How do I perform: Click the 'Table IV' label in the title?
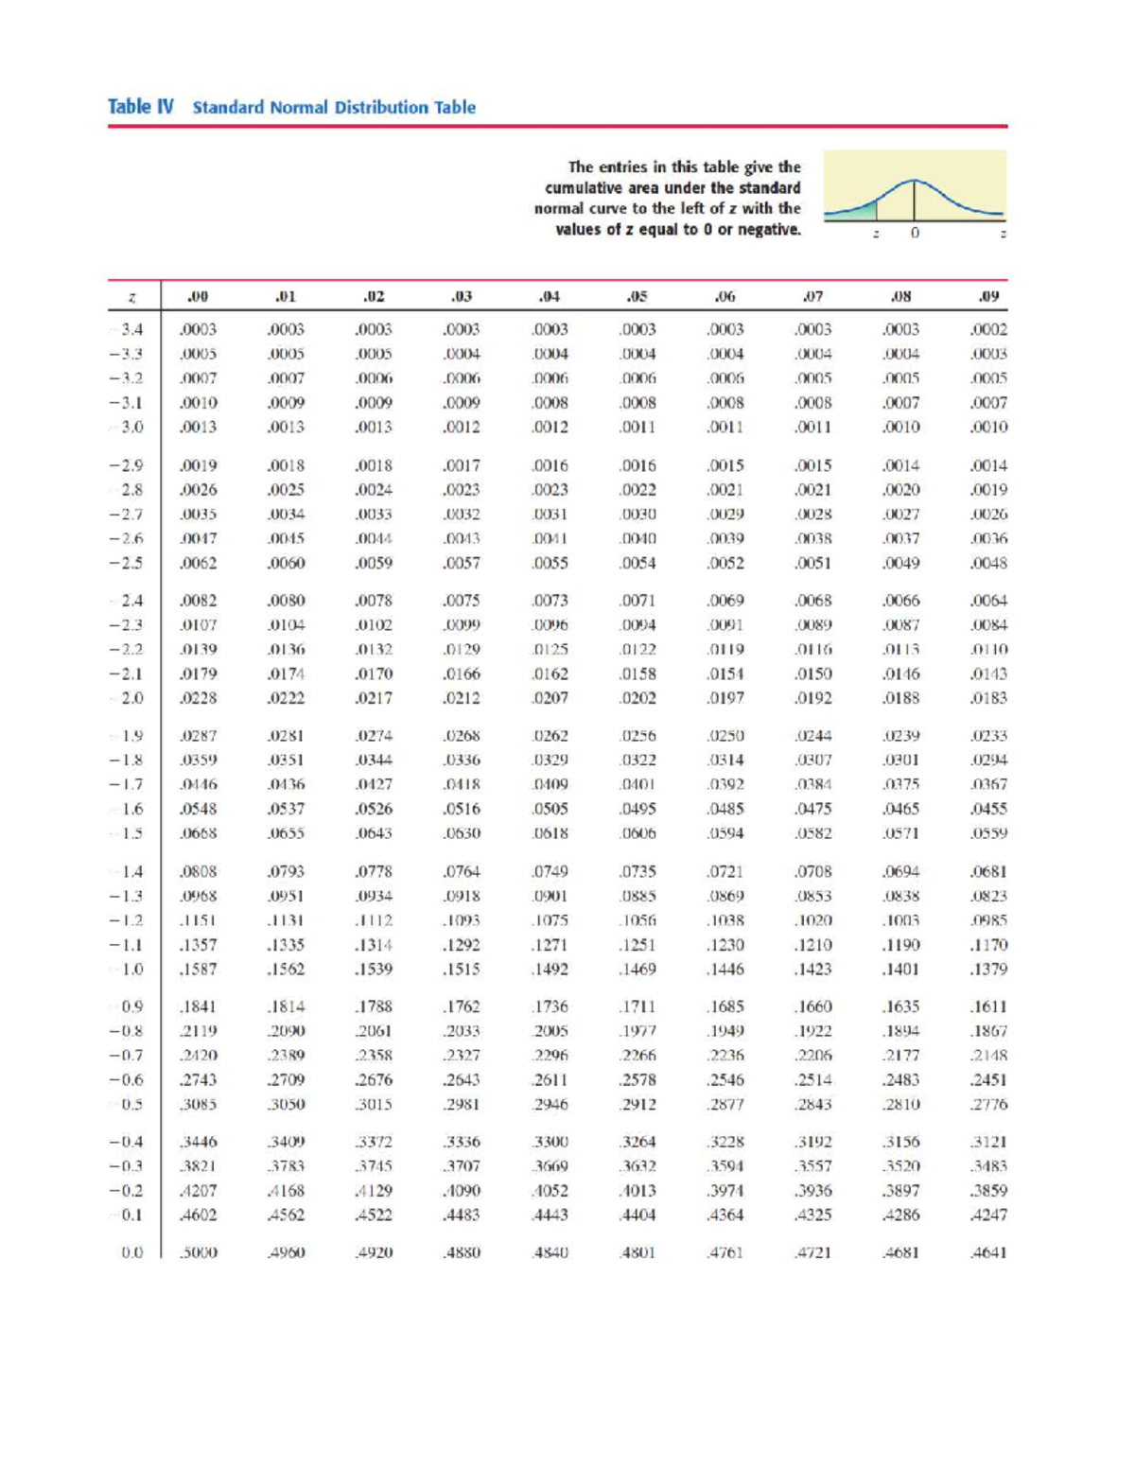tap(140, 107)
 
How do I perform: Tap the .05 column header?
tap(637, 296)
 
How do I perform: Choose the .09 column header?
tap(988, 296)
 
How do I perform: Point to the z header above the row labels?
tap(131, 297)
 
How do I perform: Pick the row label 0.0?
tap(131, 1252)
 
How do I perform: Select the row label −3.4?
tap(130, 330)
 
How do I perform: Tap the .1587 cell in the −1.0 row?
tap(198, 970)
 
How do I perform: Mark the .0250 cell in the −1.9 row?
tap(725, 736)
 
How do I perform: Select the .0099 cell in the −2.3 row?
tap(462, 625)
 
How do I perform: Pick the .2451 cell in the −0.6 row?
tap(988, 1080)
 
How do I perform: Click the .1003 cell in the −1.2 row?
tap(900, 920)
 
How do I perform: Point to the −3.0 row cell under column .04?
tap(550, 427)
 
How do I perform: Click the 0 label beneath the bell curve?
tap(915, 233)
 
